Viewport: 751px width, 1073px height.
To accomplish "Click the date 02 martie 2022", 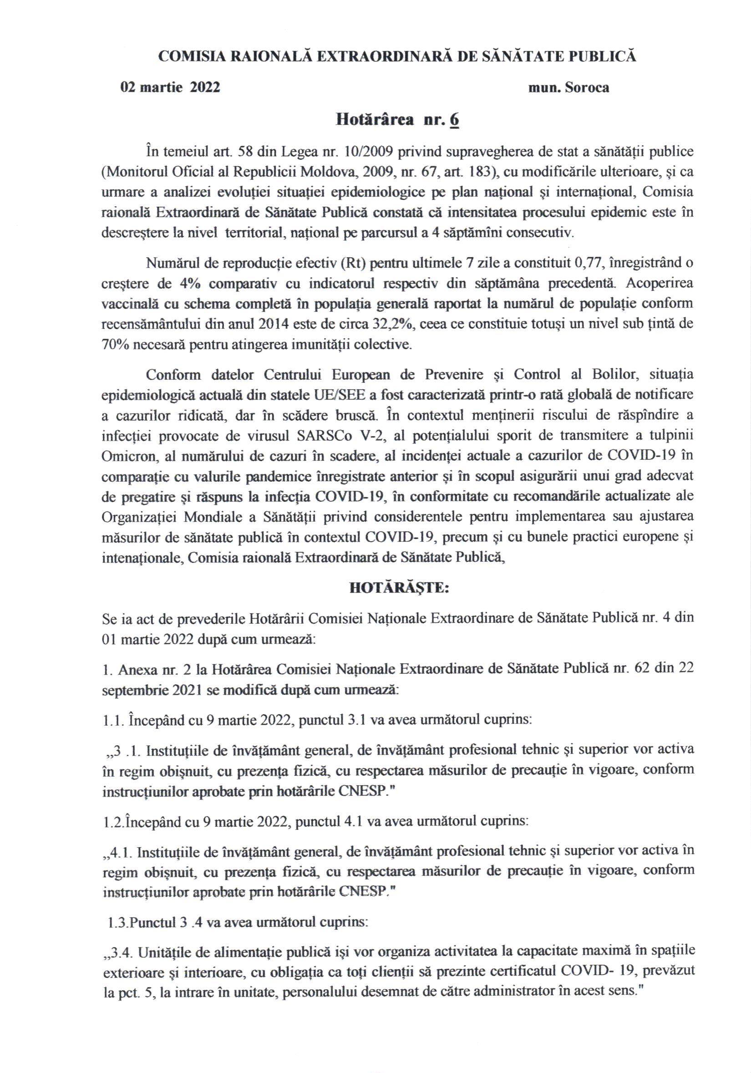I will pos(170,88).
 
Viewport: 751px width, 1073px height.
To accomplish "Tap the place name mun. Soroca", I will pos(568,88).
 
